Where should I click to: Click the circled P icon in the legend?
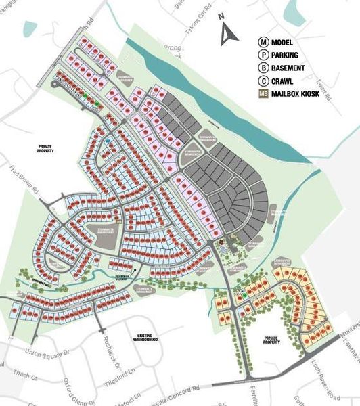(x=261, y=55)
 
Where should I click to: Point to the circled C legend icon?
(x=261, y=81)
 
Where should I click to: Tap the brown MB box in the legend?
(x=261, y=93)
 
